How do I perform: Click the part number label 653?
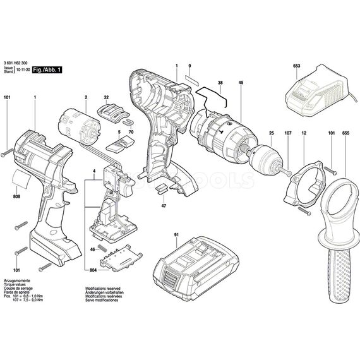(x=297, y=66)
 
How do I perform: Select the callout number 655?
(x=346, y=133)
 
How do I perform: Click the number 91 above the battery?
(x=176, y=234)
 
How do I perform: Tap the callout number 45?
(x=241, y=84)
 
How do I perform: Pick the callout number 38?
(x=220, y=84)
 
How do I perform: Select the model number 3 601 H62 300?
(x=20, y=63)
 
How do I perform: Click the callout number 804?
(x=94, y=270)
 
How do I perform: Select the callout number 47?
(x=164, y=206)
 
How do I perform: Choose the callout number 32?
(x=107, y=98)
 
